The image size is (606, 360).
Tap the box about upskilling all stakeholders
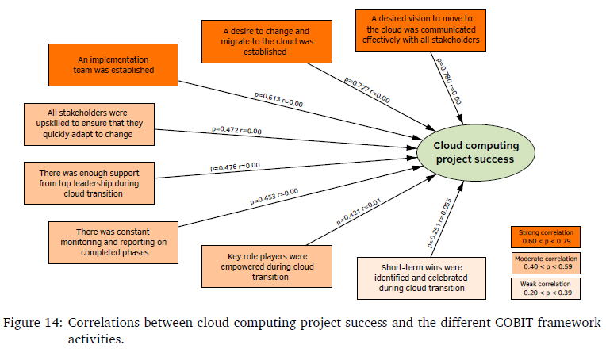(x=89, y=124)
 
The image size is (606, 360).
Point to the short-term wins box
(x=421, y=277)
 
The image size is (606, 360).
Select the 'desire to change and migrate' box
(x=266, y=39)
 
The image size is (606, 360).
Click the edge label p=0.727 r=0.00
(x=366, y=89)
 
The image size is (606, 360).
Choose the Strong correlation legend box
(x=544, y=236)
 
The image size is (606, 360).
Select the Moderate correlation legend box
(x=544, y=262)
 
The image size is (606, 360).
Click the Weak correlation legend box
(x=544, y=289)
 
